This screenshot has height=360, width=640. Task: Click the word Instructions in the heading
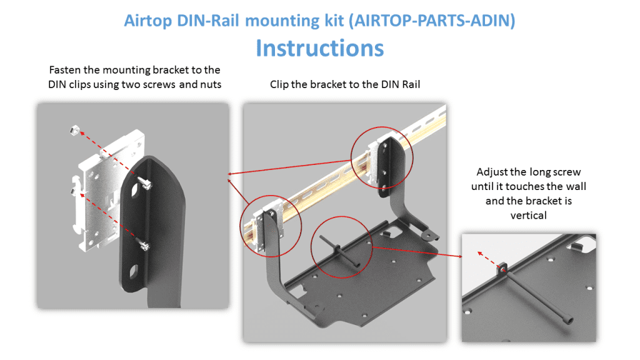point(319,47)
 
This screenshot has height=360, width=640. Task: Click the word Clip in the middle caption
point(281,84)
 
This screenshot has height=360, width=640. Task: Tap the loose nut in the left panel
point(72,131)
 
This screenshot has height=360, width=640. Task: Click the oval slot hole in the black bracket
point(132,273)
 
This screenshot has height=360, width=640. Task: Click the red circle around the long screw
point(342,247)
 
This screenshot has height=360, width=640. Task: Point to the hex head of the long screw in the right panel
point(569,321)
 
